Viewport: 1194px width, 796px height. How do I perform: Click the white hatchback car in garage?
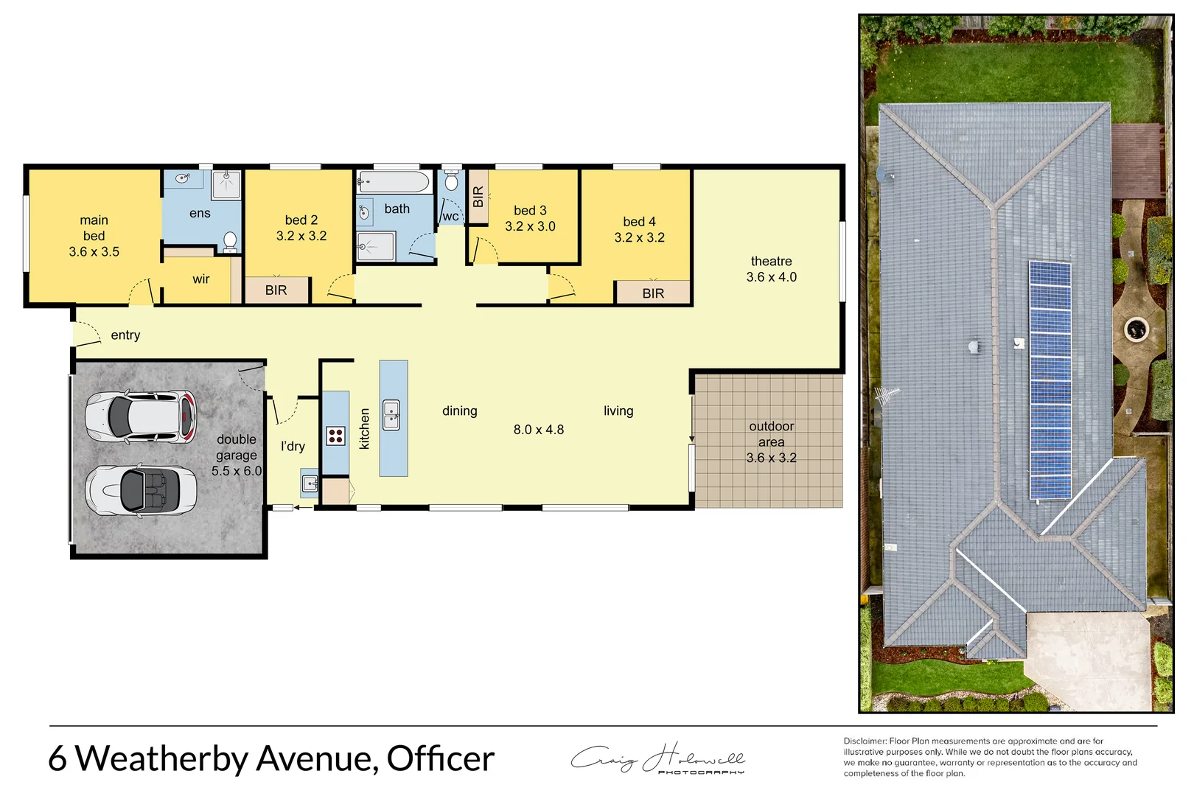pyautogui.click(x=141, y=417)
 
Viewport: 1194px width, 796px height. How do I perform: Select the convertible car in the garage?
pyautogui.click(x=141, y=490)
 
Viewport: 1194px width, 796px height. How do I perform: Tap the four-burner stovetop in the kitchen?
pyautogui.click(x=335, y=436)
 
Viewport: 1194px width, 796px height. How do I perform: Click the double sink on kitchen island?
pyautogui.click(x=391, y=415)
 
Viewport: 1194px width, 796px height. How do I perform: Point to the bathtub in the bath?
pyautogui.click(x=394, y=181)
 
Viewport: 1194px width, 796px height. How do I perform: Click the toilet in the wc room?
pyautogui.click(x=451, y=181)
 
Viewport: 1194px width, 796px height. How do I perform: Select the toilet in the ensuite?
pyautogui.click(x=230, y=241)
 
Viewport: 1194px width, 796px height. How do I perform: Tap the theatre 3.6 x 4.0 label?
pyautogui.click(x=771, y=269)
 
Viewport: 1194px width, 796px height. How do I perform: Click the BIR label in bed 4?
pyautogui.click(x=653, y=293)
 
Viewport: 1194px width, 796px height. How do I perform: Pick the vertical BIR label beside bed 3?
pyautogui.click(x=478, y=197)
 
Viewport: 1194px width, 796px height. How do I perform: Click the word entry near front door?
pyautogui.click(x=125, y=335)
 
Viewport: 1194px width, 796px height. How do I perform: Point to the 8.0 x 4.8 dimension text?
pyautogui.click(x=539, y=430)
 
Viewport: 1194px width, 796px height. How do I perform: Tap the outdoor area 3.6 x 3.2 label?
pyautogui.click(x=771, y=441)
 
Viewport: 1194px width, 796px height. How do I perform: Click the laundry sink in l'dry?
pyautogui.click(x=310, y=484)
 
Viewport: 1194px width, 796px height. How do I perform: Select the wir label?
pyautogui.click(x=200, y=279)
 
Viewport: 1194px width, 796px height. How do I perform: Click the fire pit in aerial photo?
pyautogui.click(x=1136, y=329)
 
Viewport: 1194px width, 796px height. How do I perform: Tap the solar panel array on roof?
pyautogui.click(x=1050, y=380)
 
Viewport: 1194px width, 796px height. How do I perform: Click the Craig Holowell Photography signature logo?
pyautogui.click(x=658, y=759)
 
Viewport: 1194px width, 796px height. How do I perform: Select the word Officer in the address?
pyautogui.click(x=440, y=758)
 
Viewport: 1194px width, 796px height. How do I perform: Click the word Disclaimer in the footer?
pyautogui.click(x=865, y=741)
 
